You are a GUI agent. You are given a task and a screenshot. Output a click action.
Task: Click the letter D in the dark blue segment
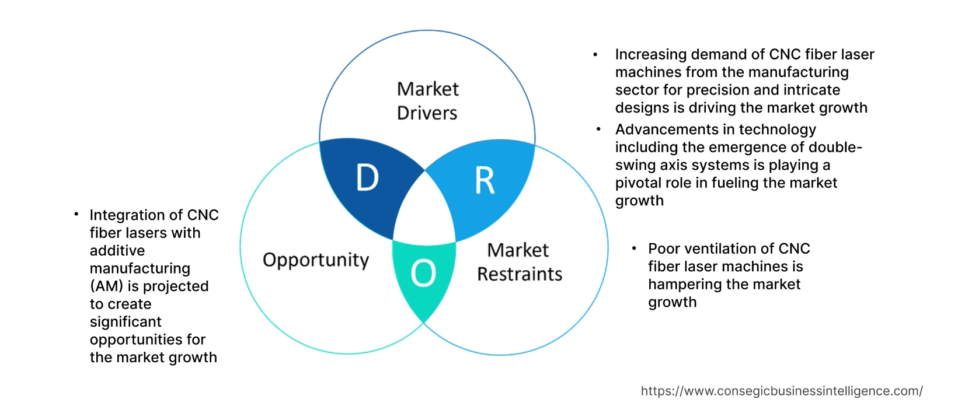click(367, 178)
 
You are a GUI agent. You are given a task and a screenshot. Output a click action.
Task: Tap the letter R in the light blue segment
click(485, 181)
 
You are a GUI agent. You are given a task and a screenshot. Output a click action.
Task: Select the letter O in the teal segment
click(423, 273)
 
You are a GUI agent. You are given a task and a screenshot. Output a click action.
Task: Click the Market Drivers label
click(427, 101)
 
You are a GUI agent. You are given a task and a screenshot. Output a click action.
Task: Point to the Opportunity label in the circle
click(316, 260)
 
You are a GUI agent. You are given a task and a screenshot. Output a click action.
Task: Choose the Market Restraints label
click(519, 262)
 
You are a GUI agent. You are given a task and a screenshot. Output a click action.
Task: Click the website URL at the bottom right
click(782, 391)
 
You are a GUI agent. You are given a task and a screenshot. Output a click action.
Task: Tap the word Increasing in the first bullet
click(650, 54)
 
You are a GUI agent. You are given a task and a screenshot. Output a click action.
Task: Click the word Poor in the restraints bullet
click(664, 249)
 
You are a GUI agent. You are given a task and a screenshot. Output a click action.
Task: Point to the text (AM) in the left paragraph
click(106, 286)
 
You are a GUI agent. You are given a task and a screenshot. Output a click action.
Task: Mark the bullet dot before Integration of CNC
click(76, 215)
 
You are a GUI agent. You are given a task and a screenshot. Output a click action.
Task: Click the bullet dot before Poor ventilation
click(635, 249)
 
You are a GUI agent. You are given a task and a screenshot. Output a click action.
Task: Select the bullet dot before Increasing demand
click(595, 55)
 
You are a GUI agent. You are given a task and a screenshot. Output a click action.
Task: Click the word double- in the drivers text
click(835, 147)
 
